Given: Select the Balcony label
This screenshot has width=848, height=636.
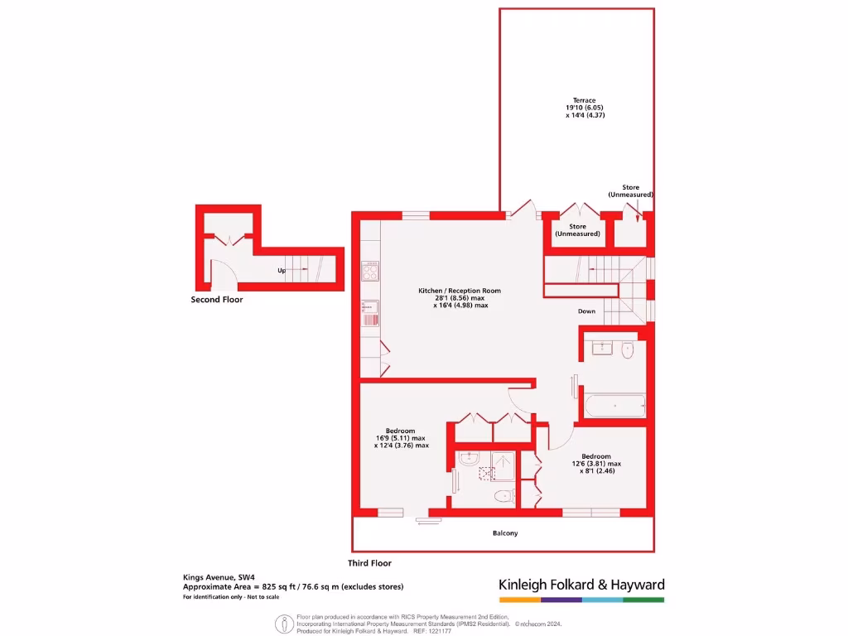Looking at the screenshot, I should click(x=505, y=532).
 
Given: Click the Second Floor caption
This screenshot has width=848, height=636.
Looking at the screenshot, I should click(x=217, y=300).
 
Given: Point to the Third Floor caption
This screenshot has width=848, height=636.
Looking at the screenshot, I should click(x=369, y=563).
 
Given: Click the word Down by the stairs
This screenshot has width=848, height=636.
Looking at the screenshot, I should click(x=586, y=311).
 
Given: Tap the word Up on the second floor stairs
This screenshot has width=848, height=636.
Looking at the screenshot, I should click(x=282, y=271).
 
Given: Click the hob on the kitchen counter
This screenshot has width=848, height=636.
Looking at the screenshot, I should click(x=369, y=271).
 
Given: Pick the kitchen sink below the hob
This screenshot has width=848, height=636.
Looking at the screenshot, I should click(x=369, y=313).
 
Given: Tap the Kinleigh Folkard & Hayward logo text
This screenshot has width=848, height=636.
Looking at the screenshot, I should click(x=581, y=585).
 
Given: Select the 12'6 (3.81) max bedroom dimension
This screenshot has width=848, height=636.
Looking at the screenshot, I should click(x=596, y=464).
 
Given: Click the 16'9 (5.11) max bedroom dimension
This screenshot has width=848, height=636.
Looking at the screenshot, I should click(x=401, y=438).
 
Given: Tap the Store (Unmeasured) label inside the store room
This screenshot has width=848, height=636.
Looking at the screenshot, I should click(x=577, y=230).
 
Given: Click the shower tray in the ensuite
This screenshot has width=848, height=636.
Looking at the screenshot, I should click(x=503, y=465).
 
